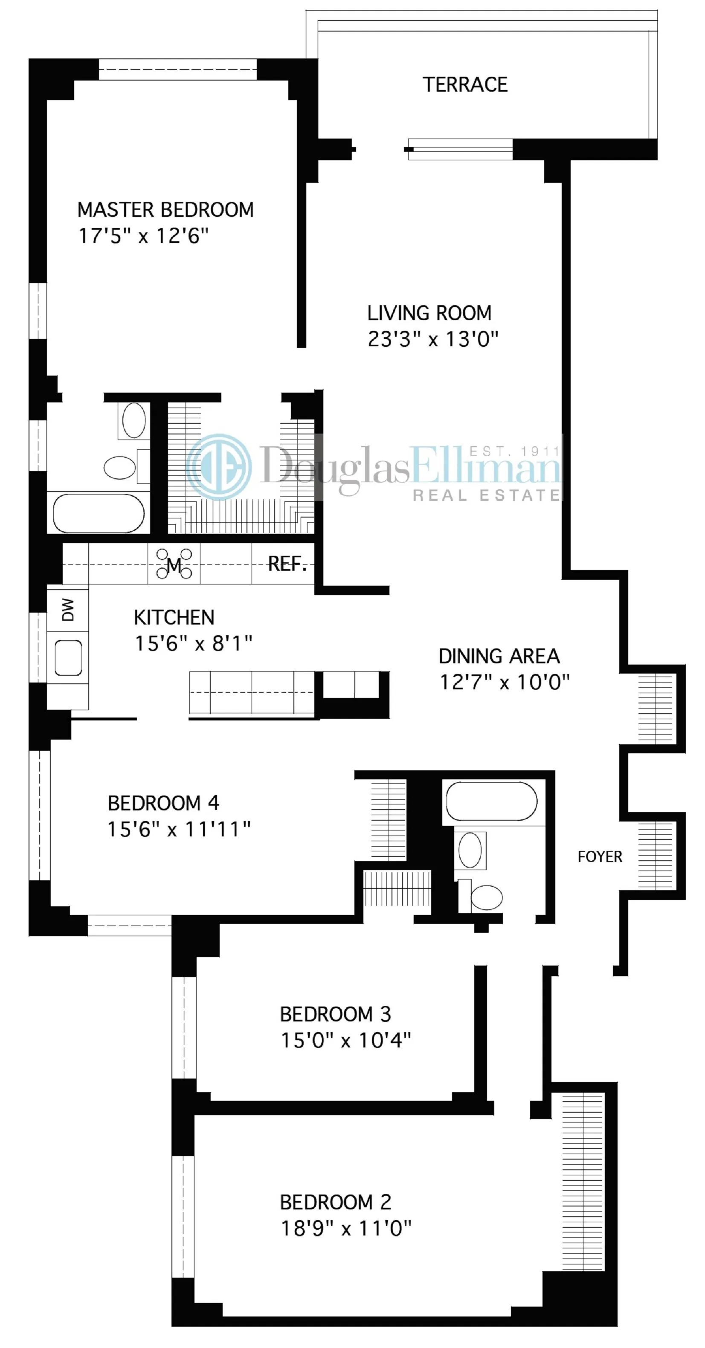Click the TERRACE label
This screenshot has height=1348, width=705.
pyautogui.click(x=465, y=85)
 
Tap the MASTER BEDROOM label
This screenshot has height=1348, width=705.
pyautogui.click(x=165, y=210)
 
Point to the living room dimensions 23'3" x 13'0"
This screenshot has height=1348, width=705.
pyautogui.click(x=433, y=339)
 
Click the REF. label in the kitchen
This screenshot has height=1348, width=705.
pyautogui.click(x=287, y=564)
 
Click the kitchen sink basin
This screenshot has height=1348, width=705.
pyautogui.click(x=68, y=658)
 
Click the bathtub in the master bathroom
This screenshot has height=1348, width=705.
pyautogui.click(x=99, y=512)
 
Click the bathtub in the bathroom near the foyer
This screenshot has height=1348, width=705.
pyautogui.click(x=491, y=801)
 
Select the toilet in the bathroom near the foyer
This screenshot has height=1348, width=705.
pyautogui.click(x=486, y=897)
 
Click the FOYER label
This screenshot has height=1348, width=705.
pyautogui.click(x=600, y=856)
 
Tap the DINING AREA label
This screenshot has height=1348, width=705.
pyautogui.click(x=499, y=656)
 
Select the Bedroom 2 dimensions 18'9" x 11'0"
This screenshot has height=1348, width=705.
pyautogui.click(x=346, y=1228)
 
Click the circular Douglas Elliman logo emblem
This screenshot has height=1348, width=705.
pyautogui.click(x=219, y=466)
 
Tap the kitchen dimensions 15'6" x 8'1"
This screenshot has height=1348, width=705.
pyautogui.click(x=194, y=643)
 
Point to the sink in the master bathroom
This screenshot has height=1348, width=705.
pyautogui.click(x=134, y=419)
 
